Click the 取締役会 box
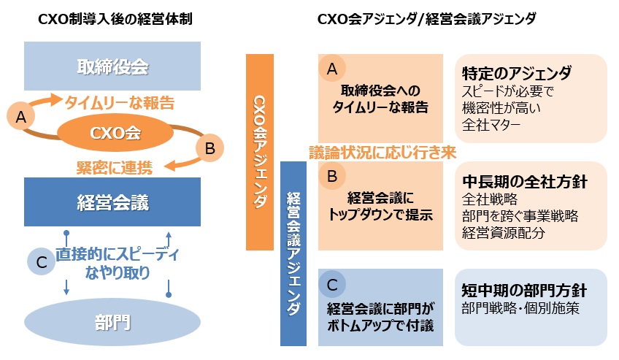tap(112, 67)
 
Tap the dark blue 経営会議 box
tap(112, 202)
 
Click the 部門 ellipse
tap(112, 322)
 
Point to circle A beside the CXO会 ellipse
tap(20, 115)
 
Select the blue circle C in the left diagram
tap(41, 264)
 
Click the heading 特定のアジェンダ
tap(516, 74)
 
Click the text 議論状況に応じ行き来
tap(382, 153)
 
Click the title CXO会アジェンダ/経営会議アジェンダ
tap(426, 20)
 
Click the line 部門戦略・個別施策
tap(520, 308)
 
